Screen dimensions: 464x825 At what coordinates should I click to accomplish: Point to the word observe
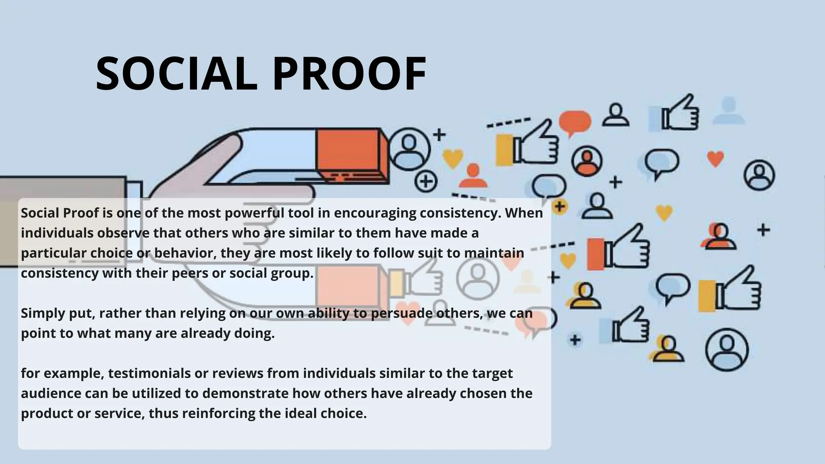click(x=125, y=233)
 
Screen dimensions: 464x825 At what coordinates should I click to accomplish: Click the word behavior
click(x=185, y=253)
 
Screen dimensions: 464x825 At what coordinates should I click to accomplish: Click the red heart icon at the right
click(x=715, y=158)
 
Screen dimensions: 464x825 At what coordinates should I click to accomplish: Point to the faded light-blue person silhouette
click(x=728, y=110)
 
